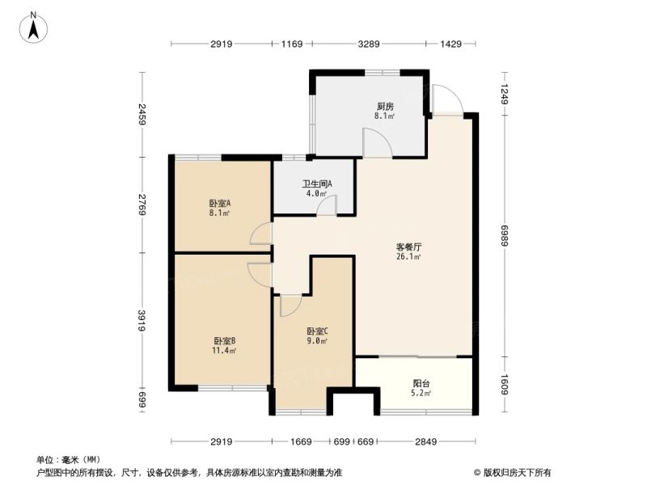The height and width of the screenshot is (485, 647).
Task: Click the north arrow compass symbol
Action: (x=33, y=27)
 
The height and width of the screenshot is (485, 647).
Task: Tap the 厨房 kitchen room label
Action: (x=385, y=107)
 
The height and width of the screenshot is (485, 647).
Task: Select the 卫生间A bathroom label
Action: (x=316, y=183)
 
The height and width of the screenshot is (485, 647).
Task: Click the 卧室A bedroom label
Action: (x=219, y=204)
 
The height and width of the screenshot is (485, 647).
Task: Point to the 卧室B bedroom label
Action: (x=225, y=341)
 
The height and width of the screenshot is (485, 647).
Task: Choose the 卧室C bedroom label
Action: (x=317, y=331)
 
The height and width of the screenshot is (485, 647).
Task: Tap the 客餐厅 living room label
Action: (x=408, y=247)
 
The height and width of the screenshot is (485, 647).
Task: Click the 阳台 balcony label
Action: (x=421, y=383)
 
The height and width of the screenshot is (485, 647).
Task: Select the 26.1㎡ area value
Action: (x=408, y=257)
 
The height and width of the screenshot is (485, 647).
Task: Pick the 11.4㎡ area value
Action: (x=225, y=351)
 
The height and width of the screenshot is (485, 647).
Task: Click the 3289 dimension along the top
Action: (x=369, y=44)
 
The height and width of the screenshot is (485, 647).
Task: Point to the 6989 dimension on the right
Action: (x=504, y=235)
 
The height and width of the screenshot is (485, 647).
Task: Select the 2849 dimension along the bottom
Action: (x=425, y=441)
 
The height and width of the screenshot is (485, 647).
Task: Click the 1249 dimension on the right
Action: (x=504, y=94)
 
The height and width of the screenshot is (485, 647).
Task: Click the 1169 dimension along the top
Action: (x=292, y=44)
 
